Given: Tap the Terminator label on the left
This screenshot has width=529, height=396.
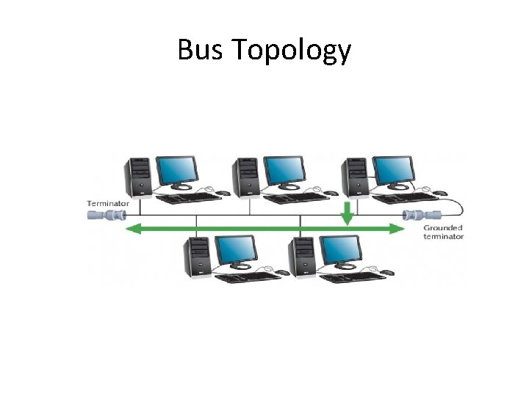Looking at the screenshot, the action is (108, 202).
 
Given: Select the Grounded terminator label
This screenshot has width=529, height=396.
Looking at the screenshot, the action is (443, 232).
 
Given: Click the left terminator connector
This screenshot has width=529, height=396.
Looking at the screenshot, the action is (107, 215).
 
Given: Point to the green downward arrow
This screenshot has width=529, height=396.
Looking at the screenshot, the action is (348, 212).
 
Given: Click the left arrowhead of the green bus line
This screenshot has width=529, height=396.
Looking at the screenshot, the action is (134, 229).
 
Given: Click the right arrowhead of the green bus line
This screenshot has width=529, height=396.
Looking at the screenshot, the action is (397, 229).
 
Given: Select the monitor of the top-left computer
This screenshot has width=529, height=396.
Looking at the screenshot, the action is (177, 171).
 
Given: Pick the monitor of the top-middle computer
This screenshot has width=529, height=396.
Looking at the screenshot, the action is (285, 171).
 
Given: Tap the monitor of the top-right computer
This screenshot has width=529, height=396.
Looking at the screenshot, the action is (393, 171).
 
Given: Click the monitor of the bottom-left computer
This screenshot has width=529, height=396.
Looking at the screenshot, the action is (236, 251).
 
